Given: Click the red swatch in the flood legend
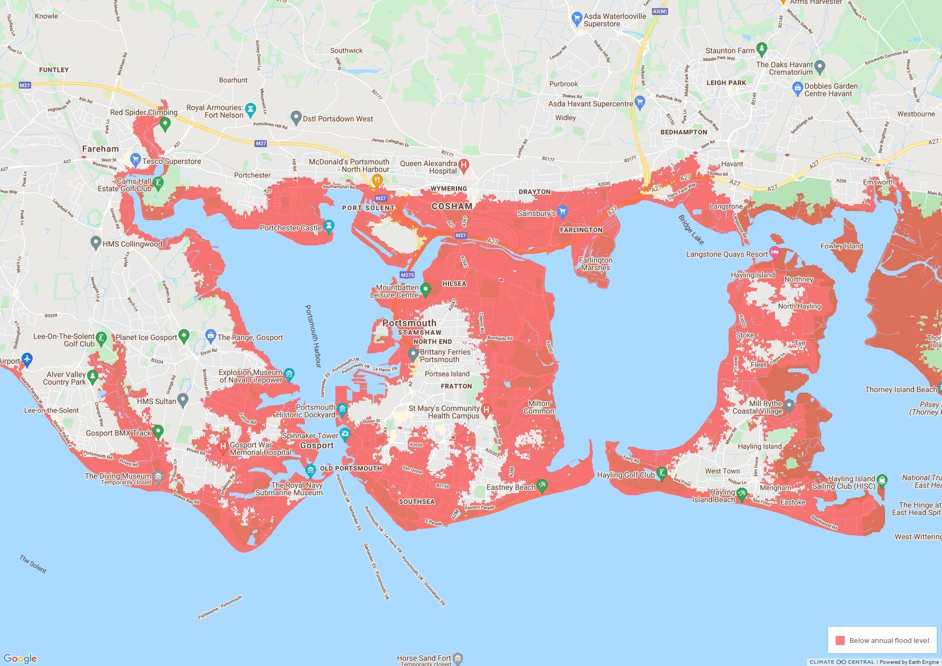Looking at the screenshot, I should (x=840, y=640).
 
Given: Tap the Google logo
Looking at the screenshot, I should (x=20, y=658).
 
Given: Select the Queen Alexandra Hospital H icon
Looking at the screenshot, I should (x=464, y=164).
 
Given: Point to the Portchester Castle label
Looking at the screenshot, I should (x=291, y=228).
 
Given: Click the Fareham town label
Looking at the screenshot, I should (x=100, y=149).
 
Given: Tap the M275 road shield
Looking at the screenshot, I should (x=407, y=275).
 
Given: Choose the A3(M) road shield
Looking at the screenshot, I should (x=660, y=11).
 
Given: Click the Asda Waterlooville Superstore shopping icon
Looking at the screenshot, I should (x=577, y=19).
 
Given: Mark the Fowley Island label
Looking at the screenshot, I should (x=842, y=246).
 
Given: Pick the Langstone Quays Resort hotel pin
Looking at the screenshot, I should (x=774, y=252).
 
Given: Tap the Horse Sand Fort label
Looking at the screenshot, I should (x=424, y=658).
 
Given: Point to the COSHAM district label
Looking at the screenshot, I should (x=452, y=206).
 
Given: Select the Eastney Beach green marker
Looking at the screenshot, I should (x=542, y=486).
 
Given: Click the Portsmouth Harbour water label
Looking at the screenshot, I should (x=312, y=336).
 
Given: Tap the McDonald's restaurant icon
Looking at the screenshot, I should (x=377, y=179).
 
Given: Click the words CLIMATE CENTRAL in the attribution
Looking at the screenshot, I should (x=842, y=662).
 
